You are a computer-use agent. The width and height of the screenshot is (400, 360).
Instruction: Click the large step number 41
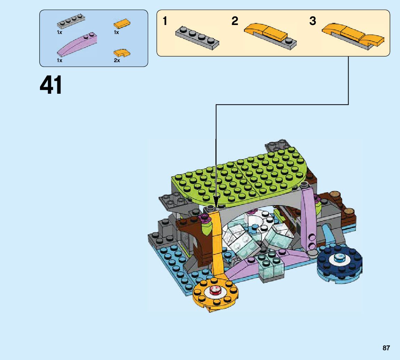click(51, 85)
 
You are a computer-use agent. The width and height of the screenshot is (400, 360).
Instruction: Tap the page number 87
click(386, 348)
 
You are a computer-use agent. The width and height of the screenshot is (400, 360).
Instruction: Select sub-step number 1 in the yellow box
click(165, 22)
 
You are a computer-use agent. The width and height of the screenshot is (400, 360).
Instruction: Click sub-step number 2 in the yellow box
click(235, 21)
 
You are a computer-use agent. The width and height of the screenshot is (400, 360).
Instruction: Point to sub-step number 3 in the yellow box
click(313, 21)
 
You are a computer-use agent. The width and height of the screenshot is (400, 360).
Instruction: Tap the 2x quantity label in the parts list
click(116, 60)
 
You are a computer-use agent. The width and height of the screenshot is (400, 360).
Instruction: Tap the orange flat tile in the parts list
click(122, 24)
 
